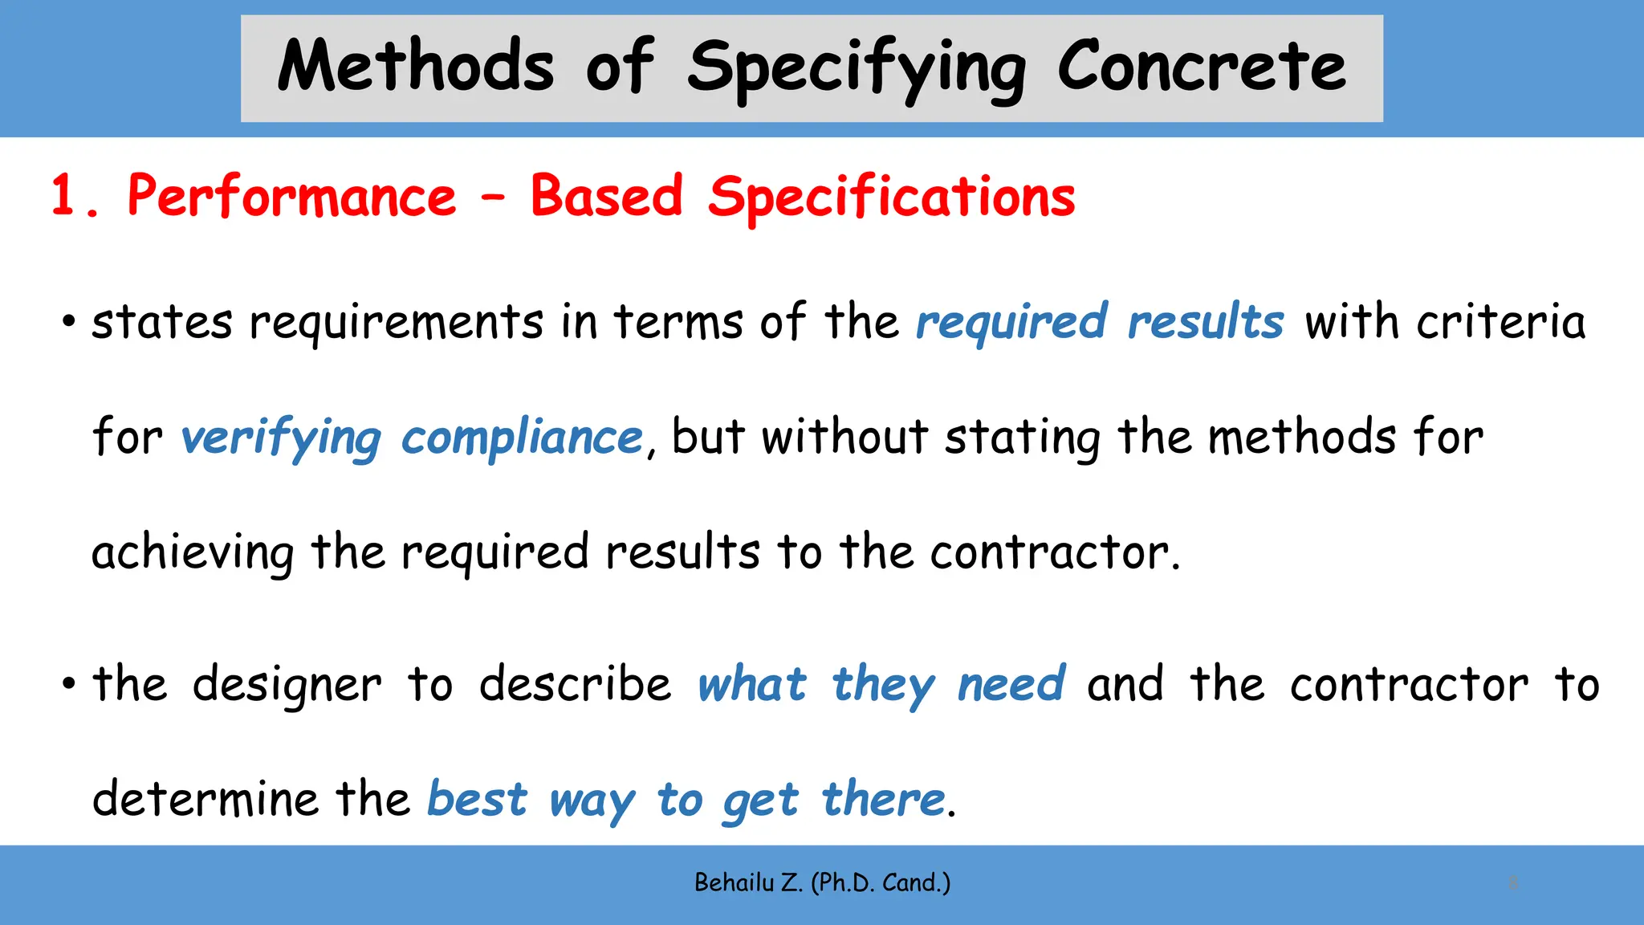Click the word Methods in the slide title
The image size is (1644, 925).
(x=415, y=66)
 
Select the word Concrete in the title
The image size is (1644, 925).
(x=1201, y=66)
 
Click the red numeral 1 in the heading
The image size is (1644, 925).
(x=65, y=196)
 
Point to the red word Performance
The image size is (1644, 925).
(x=291, y=196)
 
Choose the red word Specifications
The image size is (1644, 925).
(x=891, y=198)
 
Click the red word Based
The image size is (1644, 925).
(x=606, y=196)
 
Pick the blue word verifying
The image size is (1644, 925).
(x=280, y=438)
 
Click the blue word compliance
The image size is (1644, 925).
(x=522, y=438)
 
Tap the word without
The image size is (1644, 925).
(x=844, y=438)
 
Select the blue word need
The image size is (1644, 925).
(x=1011, y=685)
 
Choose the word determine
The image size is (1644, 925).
(x=205, y=800)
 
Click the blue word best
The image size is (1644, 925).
(x=477, y=800)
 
